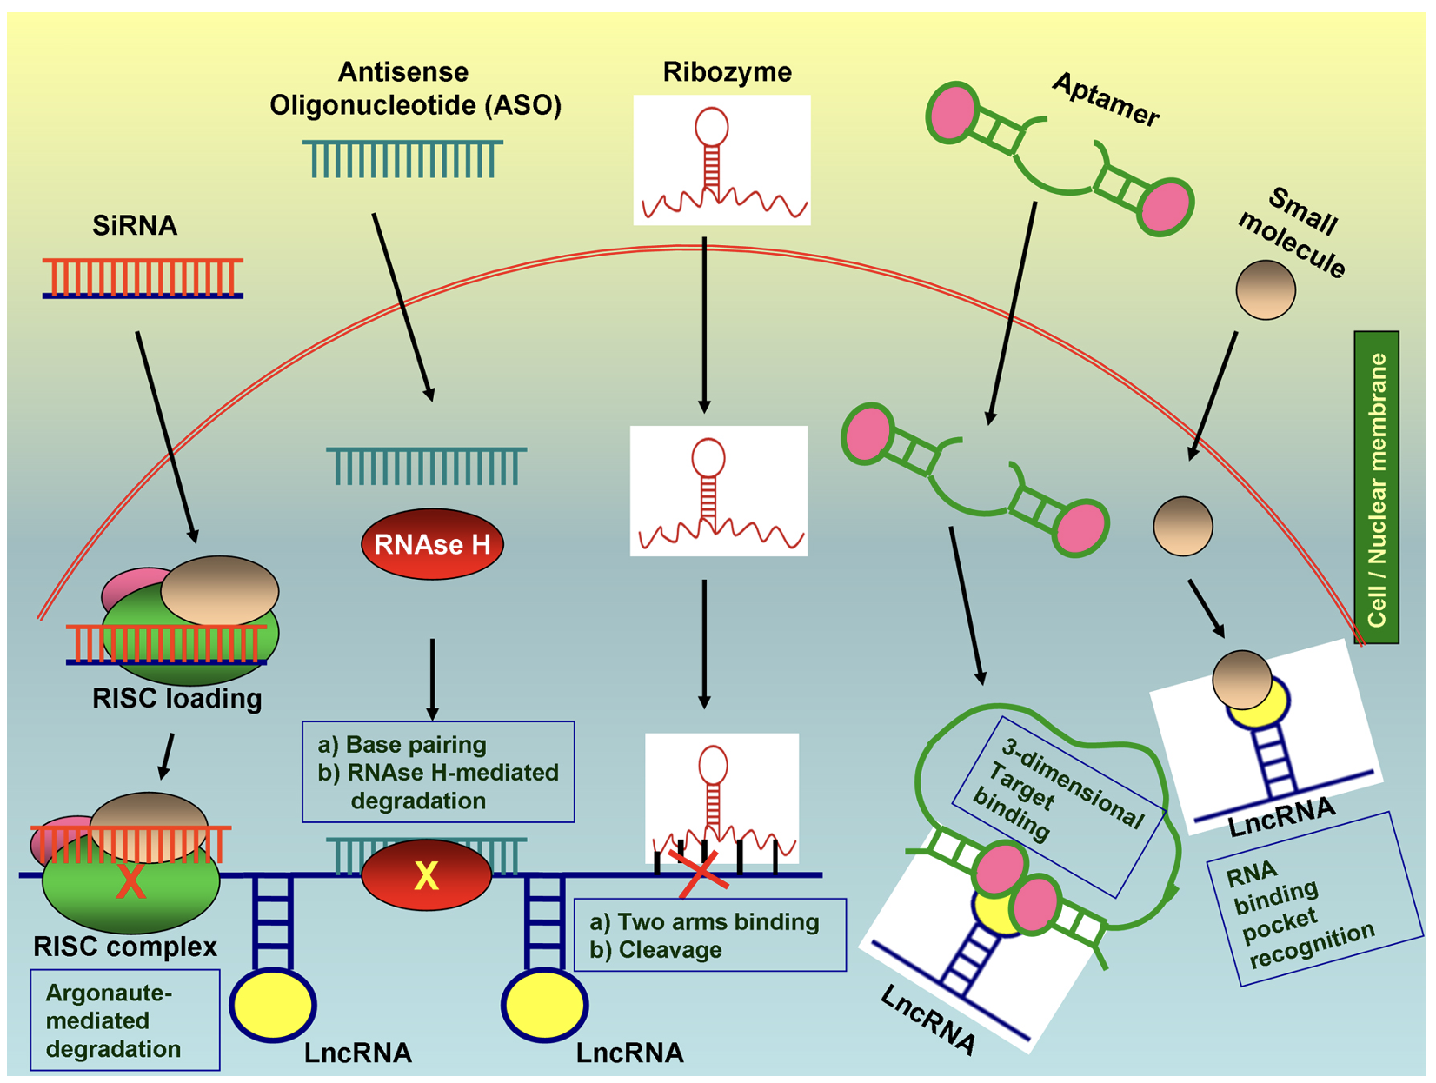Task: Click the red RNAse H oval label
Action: point(432,545)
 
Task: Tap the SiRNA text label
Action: point(135,226)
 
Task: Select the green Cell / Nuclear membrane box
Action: point(1376,488)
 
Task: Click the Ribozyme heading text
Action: point(727,72)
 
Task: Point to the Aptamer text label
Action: point(1106,101)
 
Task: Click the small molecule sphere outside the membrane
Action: point(1266,289)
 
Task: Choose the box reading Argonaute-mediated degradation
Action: point(124,1020)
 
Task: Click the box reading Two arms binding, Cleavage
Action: point(709,935)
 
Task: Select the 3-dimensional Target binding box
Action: point(1060,806)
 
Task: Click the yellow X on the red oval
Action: point(426,876)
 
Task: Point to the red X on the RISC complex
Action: point(130,881)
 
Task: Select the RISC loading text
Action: point(176,699)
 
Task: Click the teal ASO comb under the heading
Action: point(402,158)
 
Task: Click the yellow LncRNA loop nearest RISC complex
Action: point(272,1005)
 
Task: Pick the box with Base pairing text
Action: point(438,772)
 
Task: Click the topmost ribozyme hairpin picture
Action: point(721,160)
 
